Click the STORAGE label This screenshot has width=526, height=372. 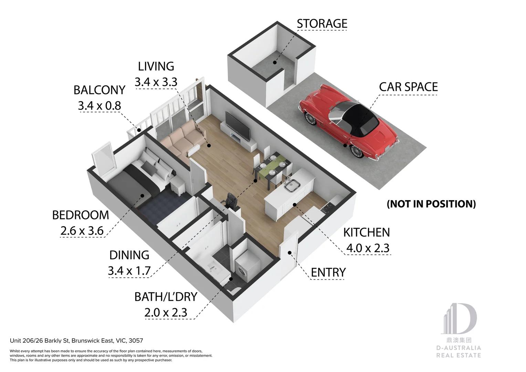[322, 24]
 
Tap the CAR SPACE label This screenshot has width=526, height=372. [408, 87]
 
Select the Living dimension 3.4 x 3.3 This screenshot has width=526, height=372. [156, 82]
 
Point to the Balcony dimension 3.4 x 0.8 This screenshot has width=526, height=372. [99, 106]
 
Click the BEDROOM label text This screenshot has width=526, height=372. [81, 215]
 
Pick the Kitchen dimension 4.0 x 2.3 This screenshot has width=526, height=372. [368, 248]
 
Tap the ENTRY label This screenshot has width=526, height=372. [328, 272]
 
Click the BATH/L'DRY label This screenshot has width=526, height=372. [166, 297]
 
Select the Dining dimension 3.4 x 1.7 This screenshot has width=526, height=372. [129, 271]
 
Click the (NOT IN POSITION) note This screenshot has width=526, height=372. [431, 204]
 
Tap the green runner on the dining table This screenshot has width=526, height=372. [272, 165]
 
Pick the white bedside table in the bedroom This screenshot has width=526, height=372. [178, 186]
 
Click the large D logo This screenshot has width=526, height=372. [459, 318]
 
